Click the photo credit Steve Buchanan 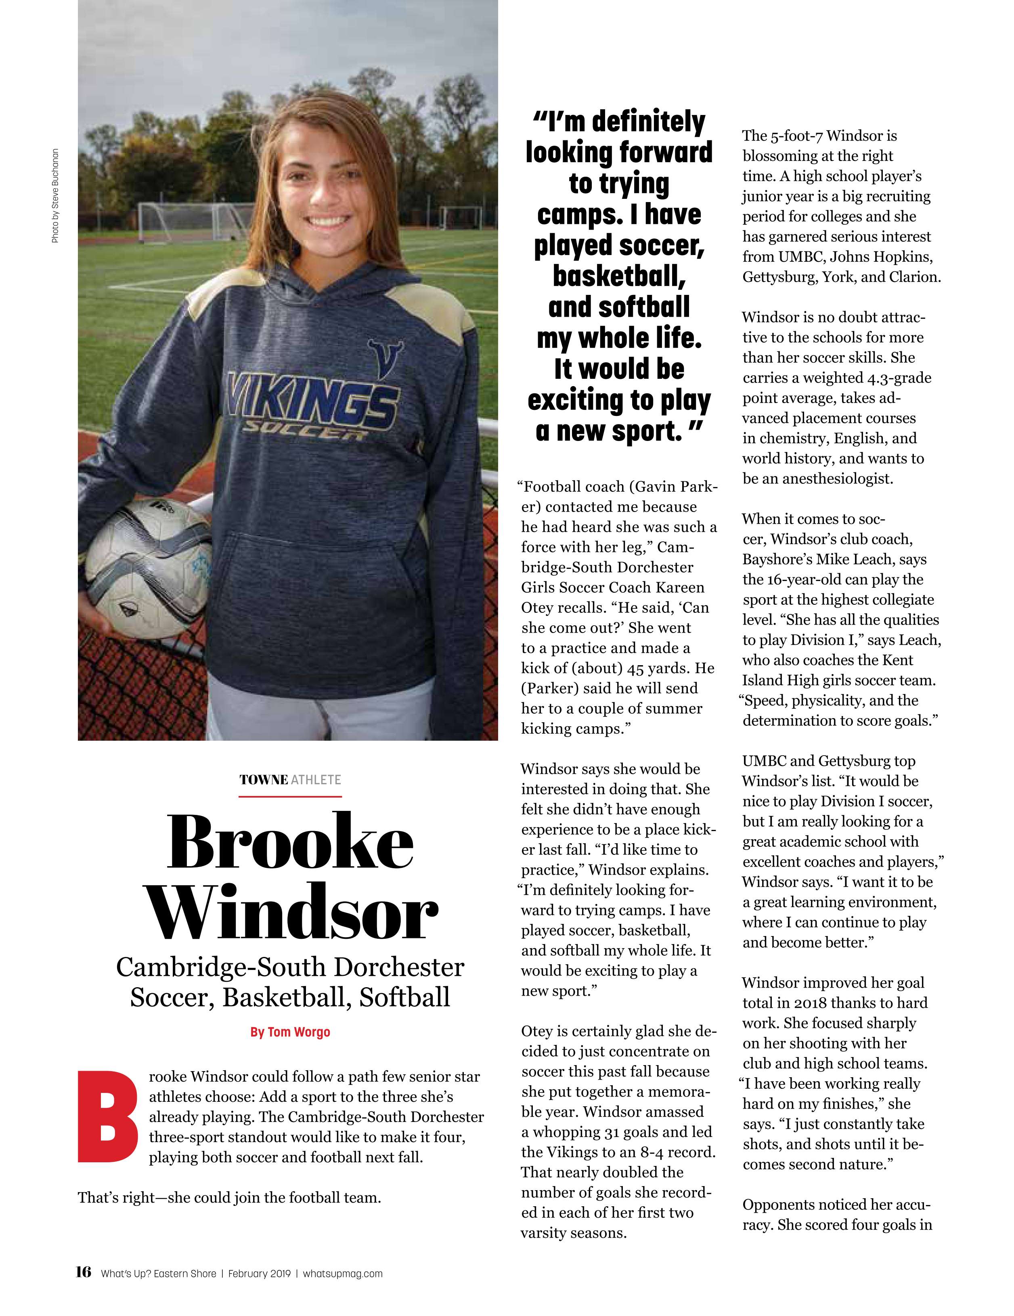[55, 196]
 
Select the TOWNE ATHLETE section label [290, 780]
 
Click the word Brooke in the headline [290, 842]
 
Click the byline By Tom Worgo [290, 1032]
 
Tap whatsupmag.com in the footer [342, 1273]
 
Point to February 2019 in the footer [259, 1273]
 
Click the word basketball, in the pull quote [619, 276]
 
